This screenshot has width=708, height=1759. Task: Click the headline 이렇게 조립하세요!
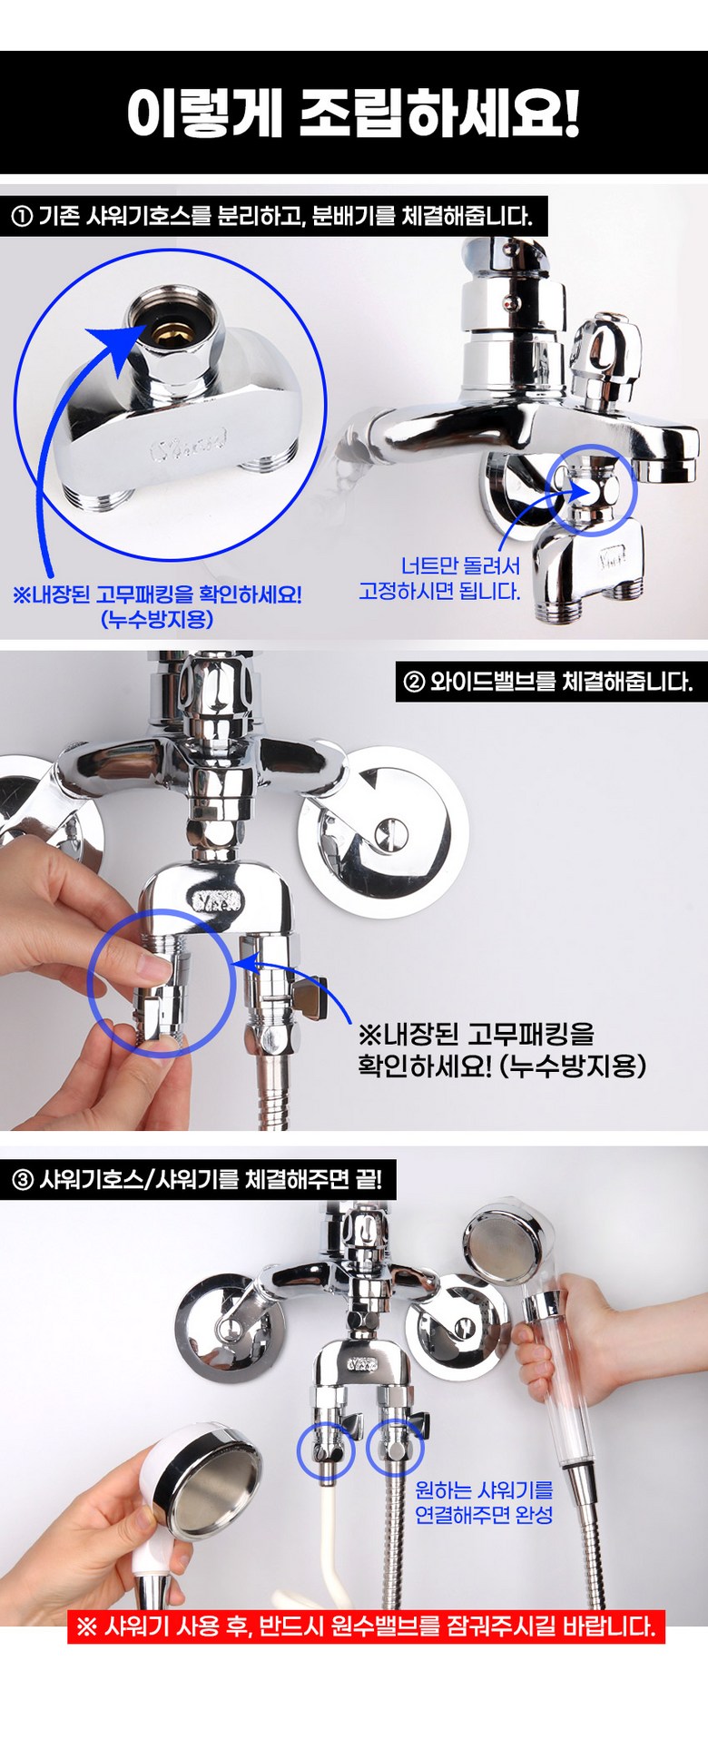point(353,113)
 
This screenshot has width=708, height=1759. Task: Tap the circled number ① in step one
point(22,217)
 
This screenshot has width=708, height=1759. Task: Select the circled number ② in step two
point(414,682)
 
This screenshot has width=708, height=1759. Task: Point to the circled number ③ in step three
point(22,1180)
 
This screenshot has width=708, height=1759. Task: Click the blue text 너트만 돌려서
point(460,566)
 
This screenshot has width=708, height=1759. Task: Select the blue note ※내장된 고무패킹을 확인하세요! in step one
point(157,595)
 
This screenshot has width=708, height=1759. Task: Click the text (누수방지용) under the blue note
point(157,619)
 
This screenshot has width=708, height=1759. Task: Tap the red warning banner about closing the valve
point(367,1626)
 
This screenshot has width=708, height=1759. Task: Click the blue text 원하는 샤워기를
point(484,1490)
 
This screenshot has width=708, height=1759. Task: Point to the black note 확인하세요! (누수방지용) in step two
point(502,1065)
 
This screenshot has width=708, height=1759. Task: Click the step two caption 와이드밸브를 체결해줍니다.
point(561,682)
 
